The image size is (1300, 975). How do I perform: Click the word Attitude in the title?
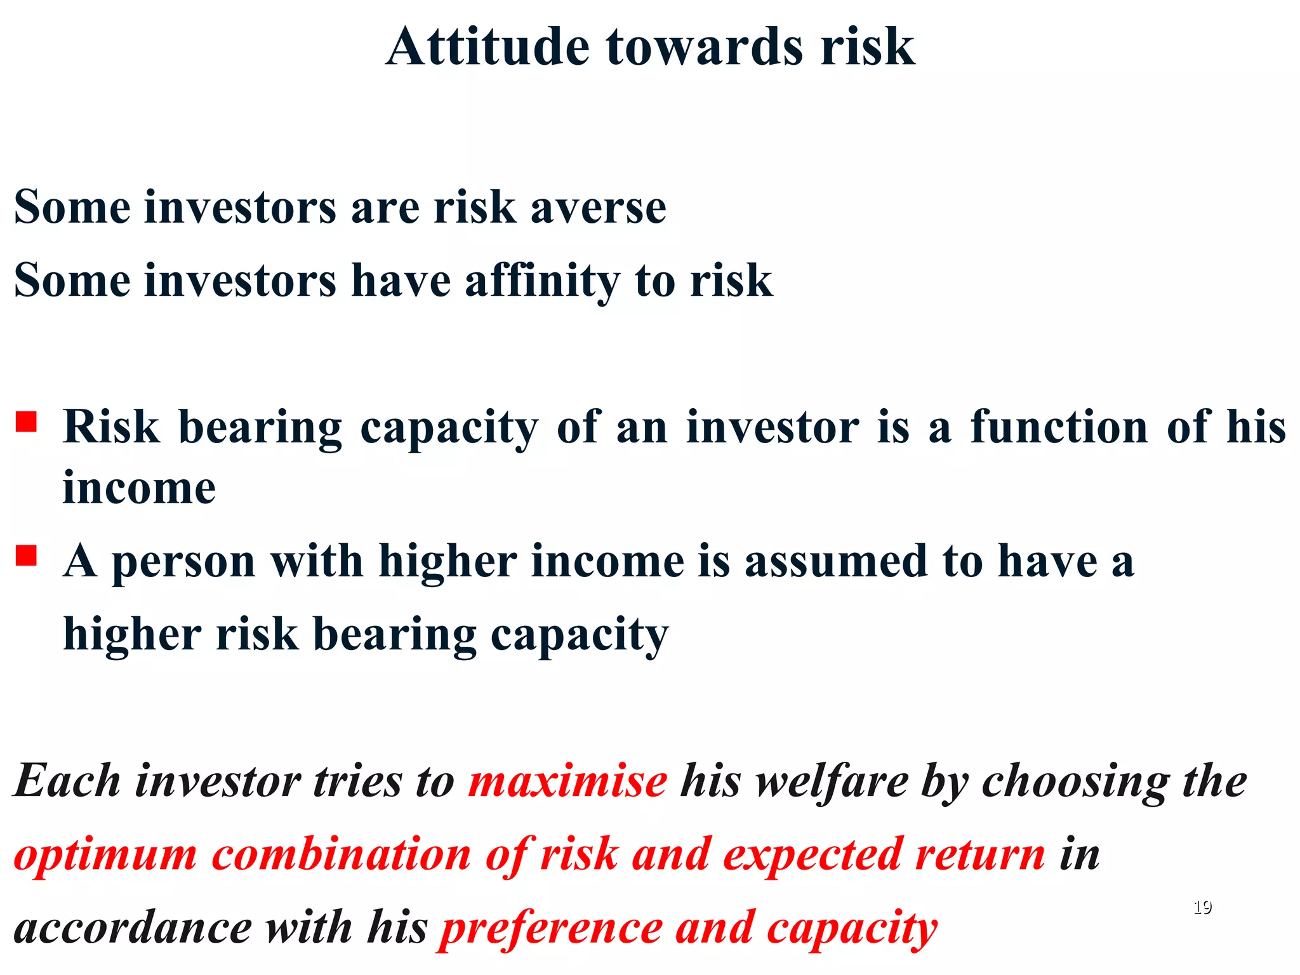[487, 47]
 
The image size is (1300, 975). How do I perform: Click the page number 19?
[1202, 907]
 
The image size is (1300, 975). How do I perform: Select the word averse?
[598, 208]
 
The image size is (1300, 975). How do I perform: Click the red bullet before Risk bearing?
[26, 421]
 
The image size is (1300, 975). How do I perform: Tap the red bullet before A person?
[26, 556]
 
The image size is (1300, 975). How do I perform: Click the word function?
[1059, 427]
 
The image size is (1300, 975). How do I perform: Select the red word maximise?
[567, 781]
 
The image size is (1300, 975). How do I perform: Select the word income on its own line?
[139, 489]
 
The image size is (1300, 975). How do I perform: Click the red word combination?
[341, 854]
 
